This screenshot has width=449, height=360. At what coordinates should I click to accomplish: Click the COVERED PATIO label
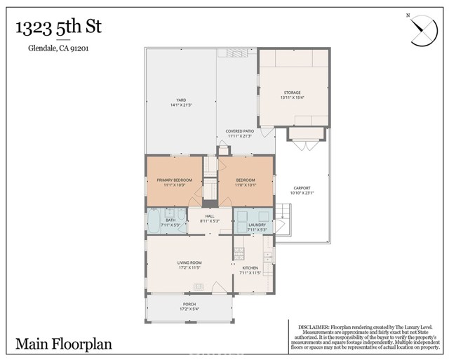point(239,131)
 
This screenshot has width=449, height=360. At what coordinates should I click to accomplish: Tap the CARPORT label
point(302,188)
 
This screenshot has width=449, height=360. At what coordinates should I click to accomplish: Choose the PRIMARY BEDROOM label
point(169,180)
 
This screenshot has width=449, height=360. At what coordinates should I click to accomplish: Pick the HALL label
point(209,216)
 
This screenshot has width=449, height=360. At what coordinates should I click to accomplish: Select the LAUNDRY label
point(257,225)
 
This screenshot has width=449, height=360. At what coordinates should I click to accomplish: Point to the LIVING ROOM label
point(189,262)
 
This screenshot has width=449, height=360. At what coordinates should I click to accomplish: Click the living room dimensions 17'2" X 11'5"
point(189,268)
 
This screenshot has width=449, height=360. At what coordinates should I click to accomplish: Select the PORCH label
point(189,304)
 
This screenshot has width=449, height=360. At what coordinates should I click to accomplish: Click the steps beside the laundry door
point(283,211)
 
